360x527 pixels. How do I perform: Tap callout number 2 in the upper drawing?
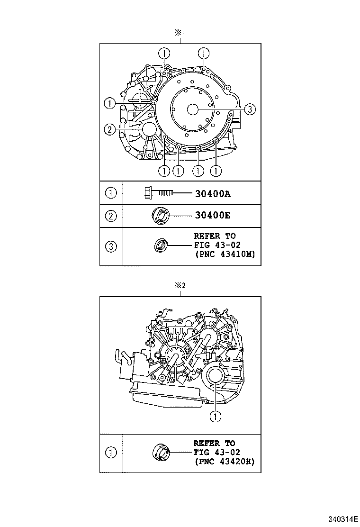pos(109,129)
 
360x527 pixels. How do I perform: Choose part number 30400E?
pos(212,216)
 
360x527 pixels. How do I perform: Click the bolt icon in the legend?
pos(158,193)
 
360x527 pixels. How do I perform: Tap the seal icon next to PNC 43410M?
pos(161,245)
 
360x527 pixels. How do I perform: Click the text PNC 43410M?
pos(225,254)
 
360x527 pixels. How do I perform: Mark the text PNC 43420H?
pos(225,461)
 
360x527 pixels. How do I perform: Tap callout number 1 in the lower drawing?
pos(216,417)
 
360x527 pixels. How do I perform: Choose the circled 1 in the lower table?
pos(111,453)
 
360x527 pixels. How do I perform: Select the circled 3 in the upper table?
pos(111,246)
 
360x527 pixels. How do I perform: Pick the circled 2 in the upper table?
pos(111,216)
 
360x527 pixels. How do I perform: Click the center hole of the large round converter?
pos(192,109)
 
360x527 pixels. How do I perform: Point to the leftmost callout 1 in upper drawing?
pos(109,102)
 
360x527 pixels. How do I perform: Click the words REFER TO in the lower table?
pos(214,443)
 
